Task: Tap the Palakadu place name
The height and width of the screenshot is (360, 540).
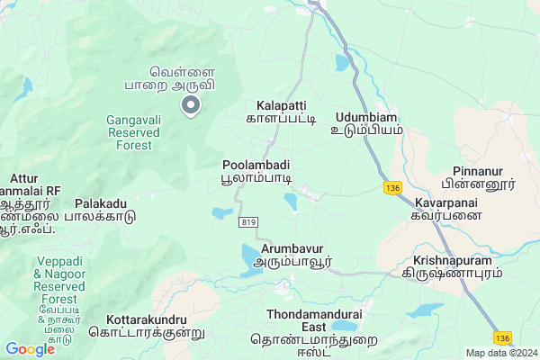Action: tap(105, 211)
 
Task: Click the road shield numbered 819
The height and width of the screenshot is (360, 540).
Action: tap(249, 220)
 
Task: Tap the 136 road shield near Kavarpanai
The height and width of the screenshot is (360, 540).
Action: tap(391, 187)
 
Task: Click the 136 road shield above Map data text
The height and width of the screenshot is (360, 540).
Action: tap(502, 337)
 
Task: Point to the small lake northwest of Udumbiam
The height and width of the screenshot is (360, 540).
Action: tap(343, 63)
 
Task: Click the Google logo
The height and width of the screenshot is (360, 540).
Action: tap(30, 348)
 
